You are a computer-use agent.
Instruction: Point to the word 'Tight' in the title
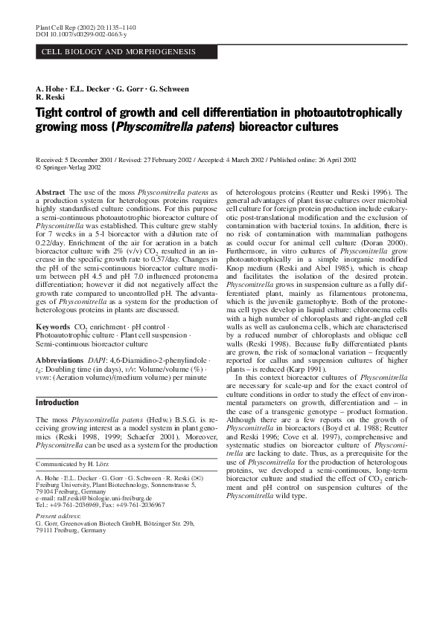pyautogui.click(x=52, y=113)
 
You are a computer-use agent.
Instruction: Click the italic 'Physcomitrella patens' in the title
pyautogui.click(x=173, y=127)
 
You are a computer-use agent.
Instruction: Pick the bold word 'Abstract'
pyautogui.click(x=51, y=193)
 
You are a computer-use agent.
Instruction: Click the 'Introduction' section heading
pyautogui.click(x=57, y=403)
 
